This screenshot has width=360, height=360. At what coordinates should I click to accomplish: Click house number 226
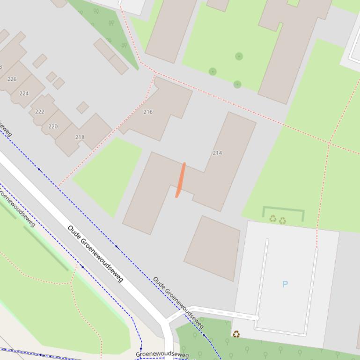click(12, 79)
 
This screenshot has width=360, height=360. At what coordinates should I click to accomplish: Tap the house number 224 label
click(24, 93)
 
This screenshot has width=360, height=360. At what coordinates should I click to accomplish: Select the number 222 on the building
click(40, 112)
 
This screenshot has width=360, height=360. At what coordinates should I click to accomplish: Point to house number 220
click(53, 126)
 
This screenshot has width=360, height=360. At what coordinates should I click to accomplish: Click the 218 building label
click(80, 137)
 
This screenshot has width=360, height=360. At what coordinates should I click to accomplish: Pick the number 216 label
click(148, 112)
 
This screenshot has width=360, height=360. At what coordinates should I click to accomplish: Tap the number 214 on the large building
click(217, 153)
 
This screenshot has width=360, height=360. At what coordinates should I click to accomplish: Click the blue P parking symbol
click(285, 284)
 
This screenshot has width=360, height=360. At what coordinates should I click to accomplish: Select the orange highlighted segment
click(181, 180)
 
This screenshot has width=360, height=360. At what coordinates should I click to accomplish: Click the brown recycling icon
click(236, 334)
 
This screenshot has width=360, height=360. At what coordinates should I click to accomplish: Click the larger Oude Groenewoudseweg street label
click(95, 254)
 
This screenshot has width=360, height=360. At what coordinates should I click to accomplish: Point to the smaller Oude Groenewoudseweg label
click(178, 302)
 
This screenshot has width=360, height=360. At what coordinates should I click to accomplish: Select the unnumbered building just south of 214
click(213, 248)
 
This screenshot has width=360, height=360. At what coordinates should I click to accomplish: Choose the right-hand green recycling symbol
click(283, 220)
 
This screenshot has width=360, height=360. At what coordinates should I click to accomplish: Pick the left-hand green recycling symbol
click(273, 218)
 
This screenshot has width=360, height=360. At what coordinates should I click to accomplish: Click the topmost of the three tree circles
click(239, 57)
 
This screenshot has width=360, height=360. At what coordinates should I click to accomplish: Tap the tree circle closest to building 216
click(213, 72)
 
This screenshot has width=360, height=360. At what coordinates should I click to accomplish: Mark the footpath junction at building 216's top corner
click(155, 73)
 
